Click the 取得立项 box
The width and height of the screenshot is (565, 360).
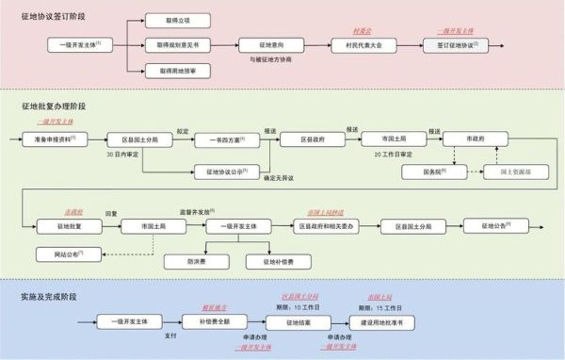click(178, 20)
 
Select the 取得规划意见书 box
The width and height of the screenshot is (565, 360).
click(178, 44)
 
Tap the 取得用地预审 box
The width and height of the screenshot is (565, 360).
click(178, 70)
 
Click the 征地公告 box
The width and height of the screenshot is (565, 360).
click(493, 225)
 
